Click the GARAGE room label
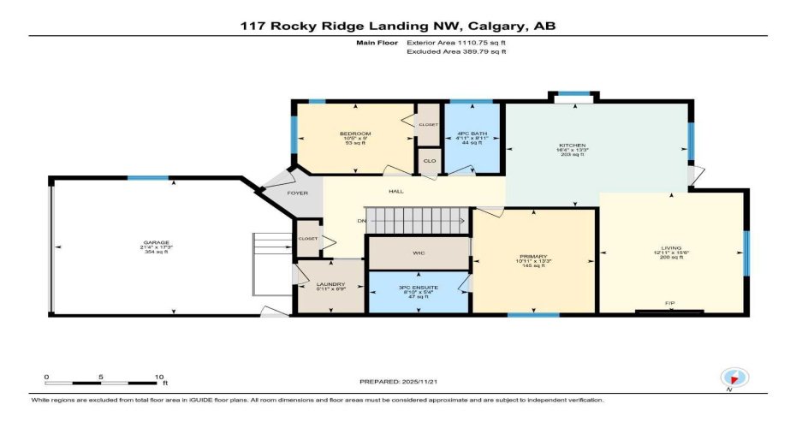[x=155, y=242]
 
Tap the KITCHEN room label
[x=573, y=146]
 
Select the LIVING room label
[x=670, y=248]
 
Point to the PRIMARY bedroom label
[x=533, y=257]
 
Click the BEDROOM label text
[x=354, y=134]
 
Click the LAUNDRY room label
[x=330, y=284]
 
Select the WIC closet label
[x=419, y=253]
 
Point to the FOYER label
[x=297, y=193]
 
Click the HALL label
[x=395, y=192]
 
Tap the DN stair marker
[x=362, y=222]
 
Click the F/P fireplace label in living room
[x=670, y=303]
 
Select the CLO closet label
[x=427, y=160]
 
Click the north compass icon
[x=734, y=377]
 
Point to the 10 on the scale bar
[x=158, y=377]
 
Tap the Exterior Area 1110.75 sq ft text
[x=456, y=41]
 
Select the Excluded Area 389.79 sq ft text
[x=456, y=51]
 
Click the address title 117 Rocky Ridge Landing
[x=398, y=27]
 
